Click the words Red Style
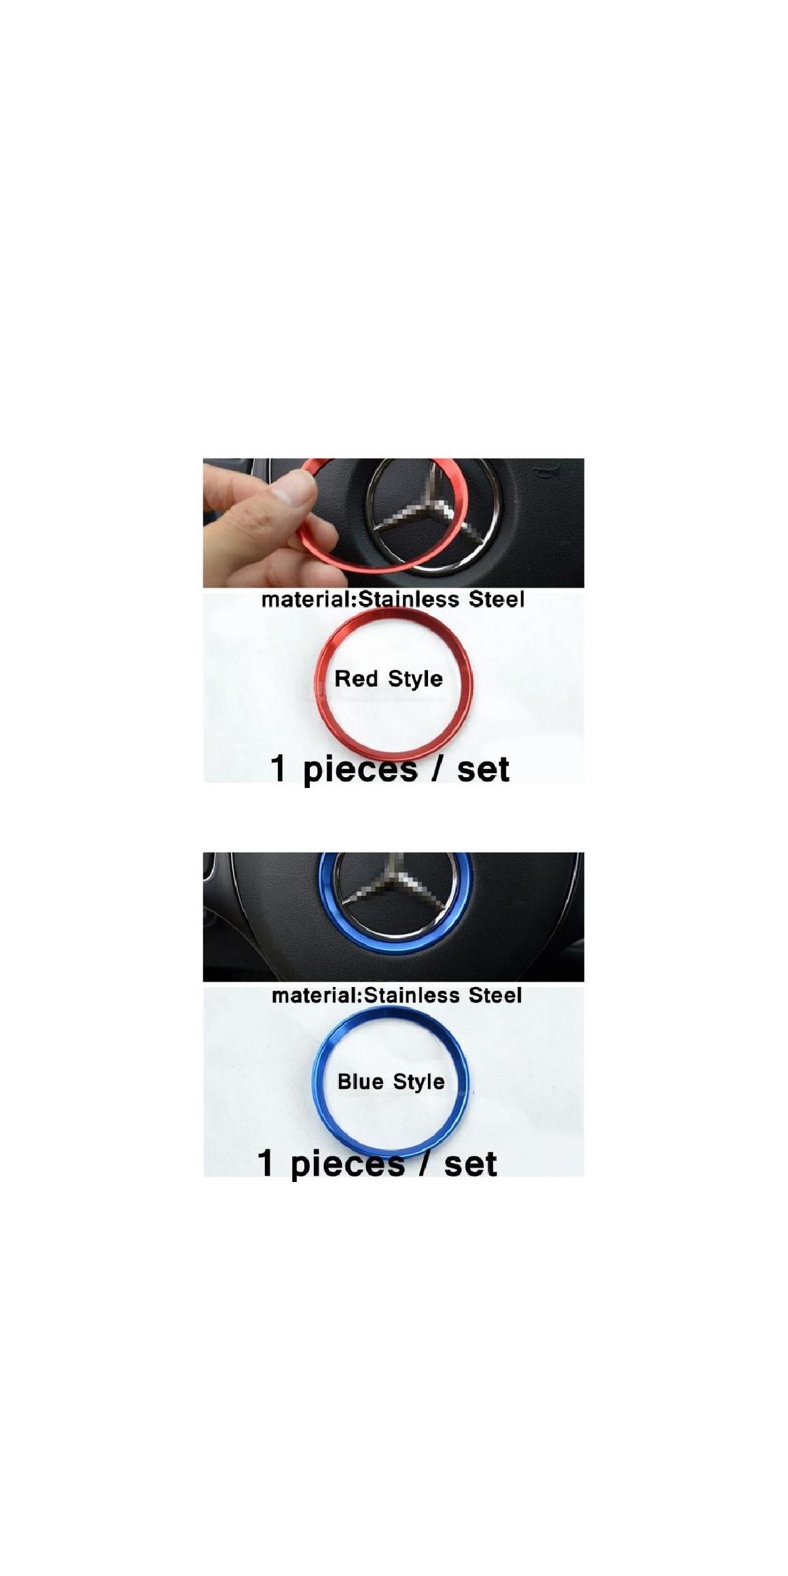[389, 679]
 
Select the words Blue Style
[391, 1081]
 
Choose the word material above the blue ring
[316, 995]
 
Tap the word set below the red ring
[483, 770]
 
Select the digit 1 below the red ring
[278, 769]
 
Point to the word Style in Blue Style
[418, 1081]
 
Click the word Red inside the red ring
[357, 678]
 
